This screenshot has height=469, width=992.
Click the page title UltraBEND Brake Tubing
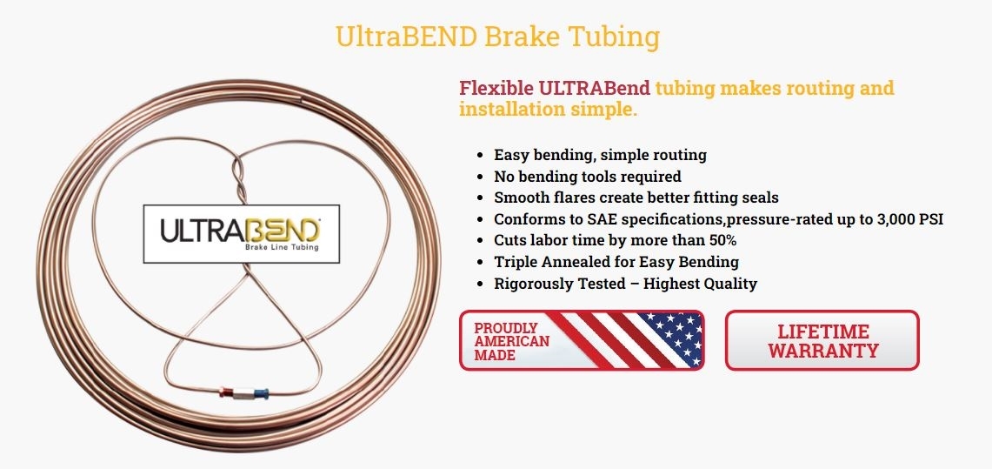(x=497, y=37)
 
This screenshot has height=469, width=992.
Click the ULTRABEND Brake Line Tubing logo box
(x=241, y=233)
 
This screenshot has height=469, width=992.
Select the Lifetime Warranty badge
(x=822, y=340)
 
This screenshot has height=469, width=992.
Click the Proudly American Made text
(x=512, y=342)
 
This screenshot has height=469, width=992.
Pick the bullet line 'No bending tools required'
(x=588, y=176)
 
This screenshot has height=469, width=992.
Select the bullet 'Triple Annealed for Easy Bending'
(x=616, y=261)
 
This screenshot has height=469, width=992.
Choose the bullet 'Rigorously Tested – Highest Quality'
(x=625, y=283)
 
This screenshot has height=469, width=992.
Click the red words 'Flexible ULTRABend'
(x=556, y=88)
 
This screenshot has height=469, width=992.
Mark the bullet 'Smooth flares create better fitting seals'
(x=636, y=198)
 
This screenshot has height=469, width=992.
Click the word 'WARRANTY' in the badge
(x=823, y=351)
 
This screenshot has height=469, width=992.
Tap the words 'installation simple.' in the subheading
(x=548, y=110)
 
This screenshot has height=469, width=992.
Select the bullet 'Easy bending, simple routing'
(x=601, y=154)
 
